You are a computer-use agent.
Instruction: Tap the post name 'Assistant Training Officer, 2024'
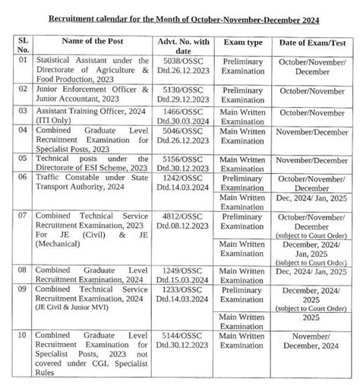[x=94, y=111]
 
